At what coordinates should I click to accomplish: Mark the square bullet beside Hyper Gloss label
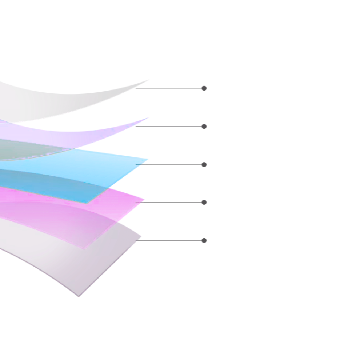[x=204, y=88]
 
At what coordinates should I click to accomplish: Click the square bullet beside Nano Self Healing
[x=204, y=127]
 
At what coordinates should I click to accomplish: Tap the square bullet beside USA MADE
[x=204, y=165]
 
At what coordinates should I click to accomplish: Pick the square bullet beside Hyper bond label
[x=204, y=203]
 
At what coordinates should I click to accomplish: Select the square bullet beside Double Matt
[x=204, y=240]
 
